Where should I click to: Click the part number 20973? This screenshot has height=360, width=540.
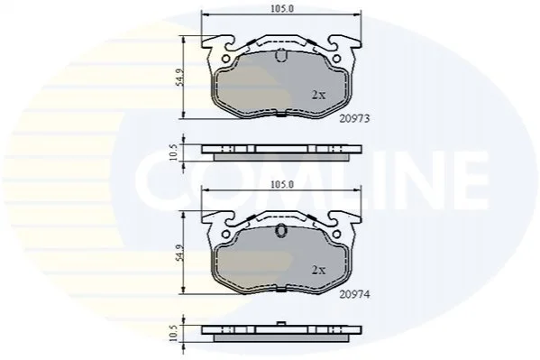point(354,118)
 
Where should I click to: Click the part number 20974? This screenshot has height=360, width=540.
point(354,294)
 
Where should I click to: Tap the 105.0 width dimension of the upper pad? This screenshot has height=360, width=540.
point(281,9)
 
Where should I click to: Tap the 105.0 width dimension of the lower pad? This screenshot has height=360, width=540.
point(281,184)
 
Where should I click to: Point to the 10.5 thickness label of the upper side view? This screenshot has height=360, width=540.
point(174,152)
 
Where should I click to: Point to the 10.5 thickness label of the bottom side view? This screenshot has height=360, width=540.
point(174,333)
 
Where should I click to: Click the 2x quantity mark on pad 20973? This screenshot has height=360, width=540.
point(318,95)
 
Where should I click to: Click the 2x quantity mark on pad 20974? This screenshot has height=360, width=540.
point(318,271)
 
